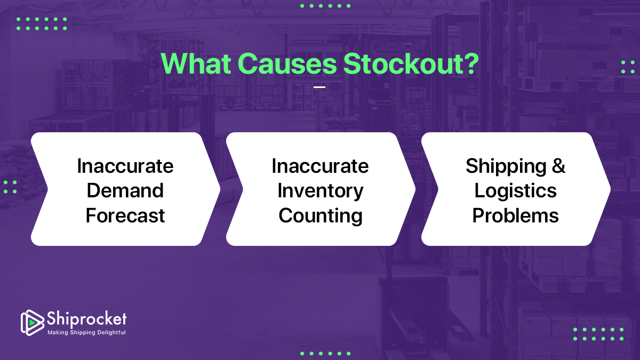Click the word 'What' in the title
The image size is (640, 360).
pos(196,63)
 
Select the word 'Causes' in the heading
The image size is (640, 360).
pos(287,63)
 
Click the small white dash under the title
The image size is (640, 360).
pos(319,87)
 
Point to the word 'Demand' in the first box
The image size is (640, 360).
pos(125,190)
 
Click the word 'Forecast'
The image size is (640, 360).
pos(125,215)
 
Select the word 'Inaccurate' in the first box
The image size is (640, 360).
pos(125,166)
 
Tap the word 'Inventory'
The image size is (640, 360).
pos(320,190)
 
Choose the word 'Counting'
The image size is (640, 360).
pos(320,215)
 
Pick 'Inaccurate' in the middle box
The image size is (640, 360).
pos(320,166)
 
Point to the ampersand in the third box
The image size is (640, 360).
pos(558,166)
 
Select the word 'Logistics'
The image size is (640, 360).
pos(515,190)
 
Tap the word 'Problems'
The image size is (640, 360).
pos(515,215)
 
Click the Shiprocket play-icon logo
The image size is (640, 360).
pos(31,322)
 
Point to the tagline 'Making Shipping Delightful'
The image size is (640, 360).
pos(86,332)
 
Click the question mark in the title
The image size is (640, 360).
pos(470,63)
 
